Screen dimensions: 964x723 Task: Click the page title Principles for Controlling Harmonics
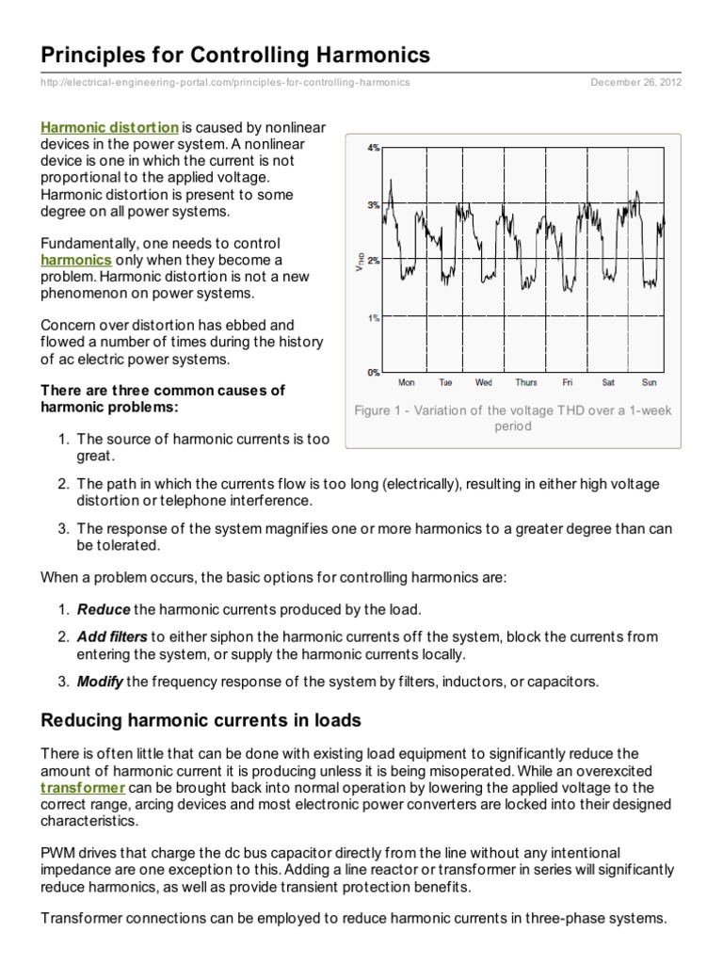[x=234, y=56]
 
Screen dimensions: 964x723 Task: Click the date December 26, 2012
[x=636, y=82]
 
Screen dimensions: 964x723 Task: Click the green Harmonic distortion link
[x=109, y=126]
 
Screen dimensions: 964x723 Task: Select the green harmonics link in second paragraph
[x=76, y=259]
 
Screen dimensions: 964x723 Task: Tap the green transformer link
[x=83, y=787]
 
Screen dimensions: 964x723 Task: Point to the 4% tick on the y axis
[x=373, y=148]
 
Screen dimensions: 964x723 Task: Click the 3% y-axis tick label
[x=373, y=204]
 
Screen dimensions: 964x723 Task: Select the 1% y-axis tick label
[x=373, y=318]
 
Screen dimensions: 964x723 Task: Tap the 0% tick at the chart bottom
[x=373, y=373]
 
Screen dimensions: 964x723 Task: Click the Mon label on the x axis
[x=407, y=383]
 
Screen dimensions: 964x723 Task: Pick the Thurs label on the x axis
[x=526, y=383]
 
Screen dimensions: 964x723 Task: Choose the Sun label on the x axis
[x=649, y=383]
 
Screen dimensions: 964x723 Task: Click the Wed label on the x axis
[x=484, y=383]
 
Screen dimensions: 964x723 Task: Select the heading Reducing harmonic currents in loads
[x=201, y=721]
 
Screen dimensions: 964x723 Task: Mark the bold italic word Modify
[x=100, y=682]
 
